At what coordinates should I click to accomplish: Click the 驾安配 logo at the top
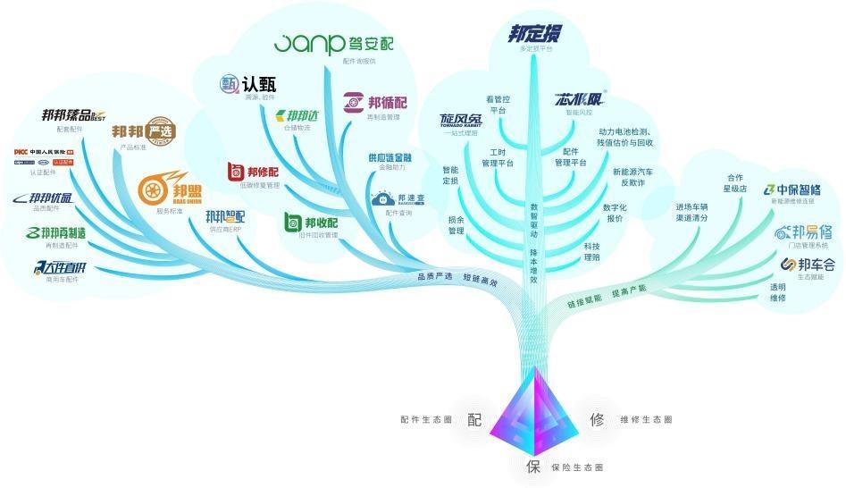[332, 43]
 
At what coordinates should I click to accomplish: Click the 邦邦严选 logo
[144, 131]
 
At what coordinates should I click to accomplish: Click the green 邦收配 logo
[311, 222]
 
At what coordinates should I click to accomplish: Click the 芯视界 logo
[580, 99]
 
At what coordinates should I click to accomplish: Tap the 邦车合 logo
[807, 265]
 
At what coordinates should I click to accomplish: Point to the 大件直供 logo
[60, 267]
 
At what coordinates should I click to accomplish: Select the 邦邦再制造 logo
[56, 233]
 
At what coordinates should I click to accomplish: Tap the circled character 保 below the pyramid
[533, 467]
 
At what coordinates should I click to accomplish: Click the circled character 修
[597, 419]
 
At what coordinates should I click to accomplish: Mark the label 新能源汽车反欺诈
[632, 177]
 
